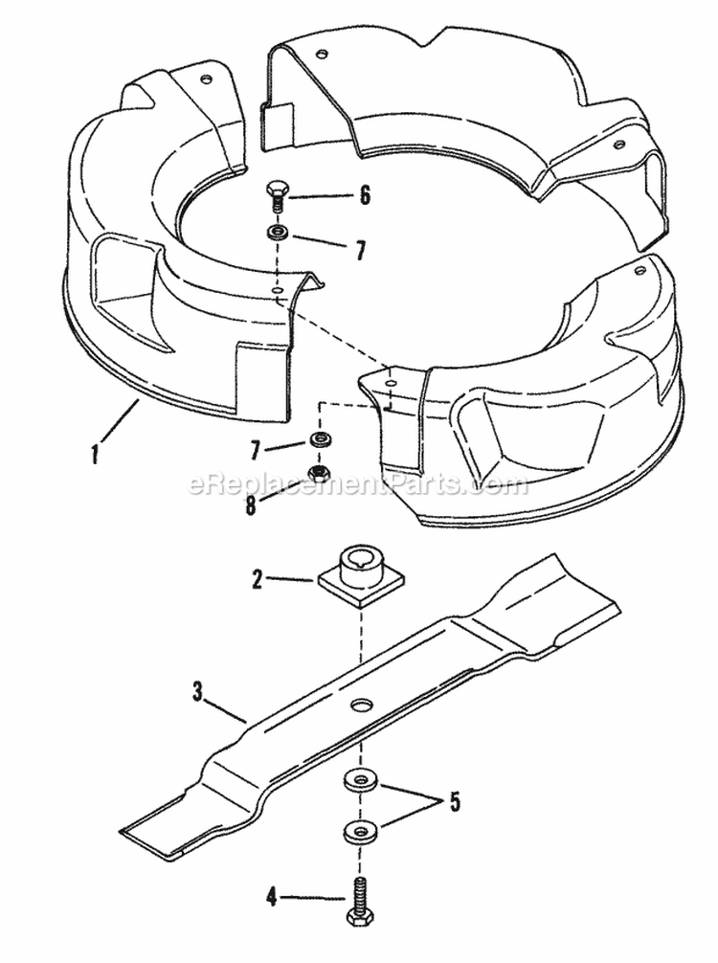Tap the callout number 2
point(256,578)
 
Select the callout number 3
point(198,693)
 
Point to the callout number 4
point(272,897)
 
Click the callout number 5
point(454,801)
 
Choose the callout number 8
point(251,504)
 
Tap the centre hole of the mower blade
point(362,705)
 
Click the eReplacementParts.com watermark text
point(358,485)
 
